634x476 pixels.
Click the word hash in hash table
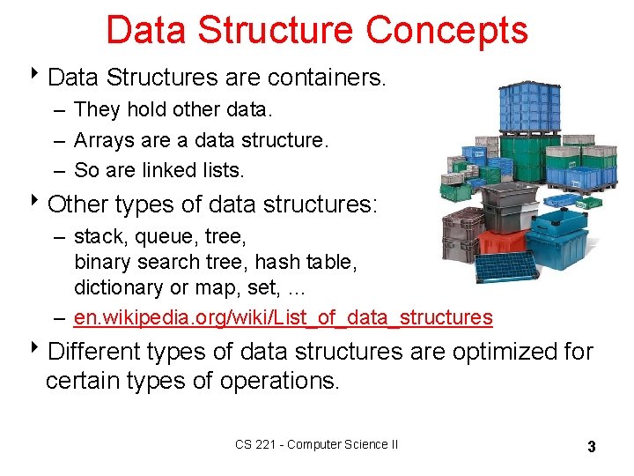pos(273,262)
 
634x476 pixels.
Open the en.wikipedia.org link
pos(283,316)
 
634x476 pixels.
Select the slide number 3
pos(592,447)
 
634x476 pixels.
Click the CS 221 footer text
pos(316,444)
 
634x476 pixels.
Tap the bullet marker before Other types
pos(38,204)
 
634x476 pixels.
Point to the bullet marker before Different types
pos(38,350)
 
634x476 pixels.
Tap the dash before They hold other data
pos(57,110)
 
